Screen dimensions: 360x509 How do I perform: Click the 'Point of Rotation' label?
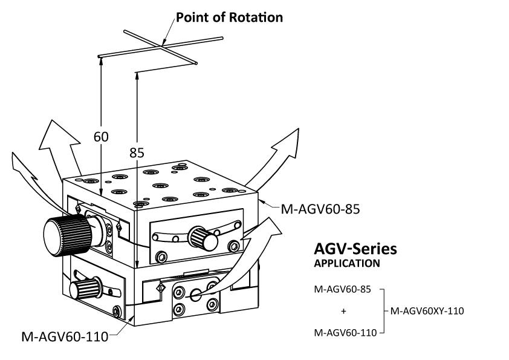click(x=229, y=17)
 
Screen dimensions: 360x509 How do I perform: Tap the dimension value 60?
click(x=101, y=137)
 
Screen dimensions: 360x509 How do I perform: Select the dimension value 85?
click(x=137, y=153)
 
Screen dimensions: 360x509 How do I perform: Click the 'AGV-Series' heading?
click(x=355, y=249)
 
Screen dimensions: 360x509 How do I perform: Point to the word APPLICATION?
click(x=346, y=263)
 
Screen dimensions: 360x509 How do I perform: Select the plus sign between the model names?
click(x=344, y=312)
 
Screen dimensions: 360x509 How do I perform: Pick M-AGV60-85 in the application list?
click(x=342, y=289)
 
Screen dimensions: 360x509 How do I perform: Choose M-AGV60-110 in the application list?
click(x=343, y=332)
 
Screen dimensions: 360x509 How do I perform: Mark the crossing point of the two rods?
click(x=163, y=45)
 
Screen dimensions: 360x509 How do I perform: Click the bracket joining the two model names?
click(x=383, y=311)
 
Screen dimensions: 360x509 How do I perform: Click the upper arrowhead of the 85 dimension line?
click(x=138, y=77)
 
